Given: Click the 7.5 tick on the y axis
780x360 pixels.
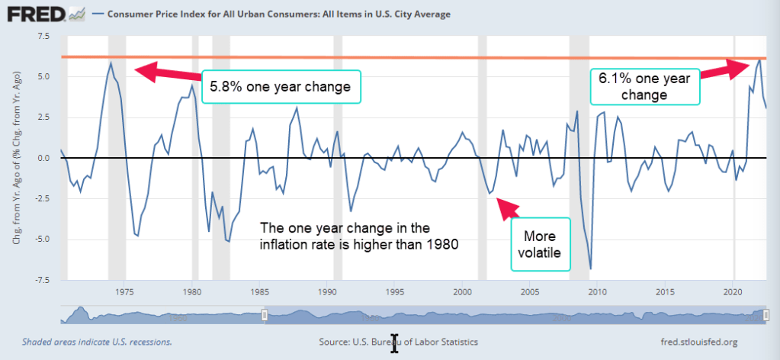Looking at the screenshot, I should click(42, 37).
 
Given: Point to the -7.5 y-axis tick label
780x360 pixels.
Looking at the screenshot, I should click(40, 280).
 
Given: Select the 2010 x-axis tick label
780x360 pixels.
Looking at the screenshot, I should click(597, 291).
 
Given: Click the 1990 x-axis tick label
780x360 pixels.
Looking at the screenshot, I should click(327, 291).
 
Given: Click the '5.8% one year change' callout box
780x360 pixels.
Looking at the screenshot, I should click(280, 87).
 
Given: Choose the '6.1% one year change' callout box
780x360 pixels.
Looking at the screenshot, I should click(644, 86).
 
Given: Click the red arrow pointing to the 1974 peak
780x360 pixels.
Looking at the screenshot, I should click(168, 73).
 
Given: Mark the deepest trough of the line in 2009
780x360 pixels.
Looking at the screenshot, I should click(591, 268).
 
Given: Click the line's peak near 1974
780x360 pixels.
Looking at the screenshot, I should click(111, 63).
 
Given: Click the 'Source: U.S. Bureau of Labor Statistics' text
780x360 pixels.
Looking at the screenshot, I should click(398, 342).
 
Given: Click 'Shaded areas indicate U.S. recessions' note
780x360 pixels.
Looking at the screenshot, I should click(97, 342).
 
